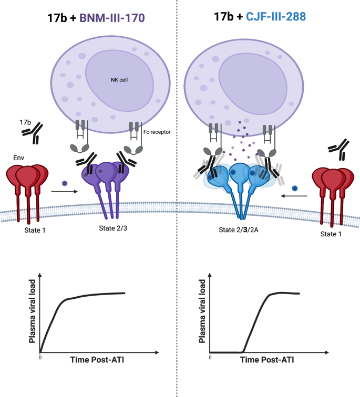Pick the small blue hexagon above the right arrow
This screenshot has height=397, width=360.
point(295,187)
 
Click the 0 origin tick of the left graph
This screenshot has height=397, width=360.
point(40,357)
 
